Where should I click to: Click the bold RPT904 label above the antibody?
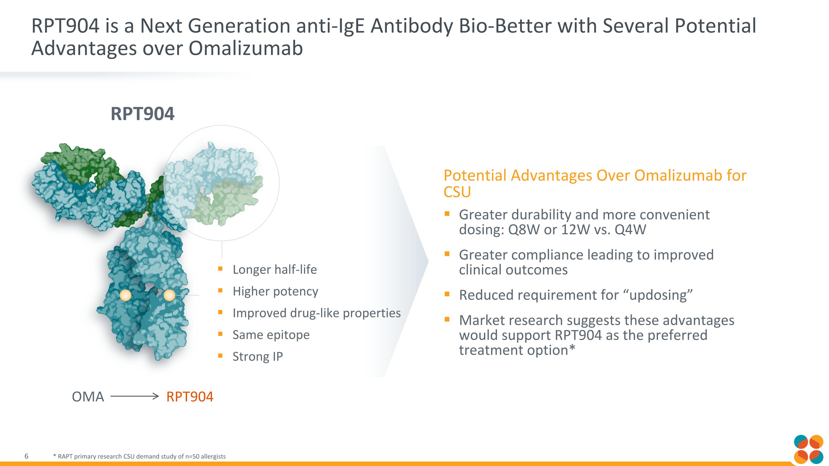tap(142, 114)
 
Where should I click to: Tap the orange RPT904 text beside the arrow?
tap(190, 397)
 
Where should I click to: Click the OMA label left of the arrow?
tap(88, 397)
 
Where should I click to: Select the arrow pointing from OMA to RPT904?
tap(135, 396)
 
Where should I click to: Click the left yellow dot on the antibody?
tap(125, 295)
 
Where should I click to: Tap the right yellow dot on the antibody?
tap(170, 295)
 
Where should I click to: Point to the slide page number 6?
tap(26, 456)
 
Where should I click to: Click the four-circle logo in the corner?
tap(808, 450)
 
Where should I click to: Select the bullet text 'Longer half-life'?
tap(274, 270)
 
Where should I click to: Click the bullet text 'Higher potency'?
tap(275, 291)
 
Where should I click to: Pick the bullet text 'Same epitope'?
tap(271, 335)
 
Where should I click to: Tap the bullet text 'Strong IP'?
tap(258, 356)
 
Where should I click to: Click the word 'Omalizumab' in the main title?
tap(246, 48)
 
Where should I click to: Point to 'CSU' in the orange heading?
tap(457, 192)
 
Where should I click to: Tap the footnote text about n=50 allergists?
tap(139, 456)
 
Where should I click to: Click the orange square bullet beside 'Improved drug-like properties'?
tap(220, 312)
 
